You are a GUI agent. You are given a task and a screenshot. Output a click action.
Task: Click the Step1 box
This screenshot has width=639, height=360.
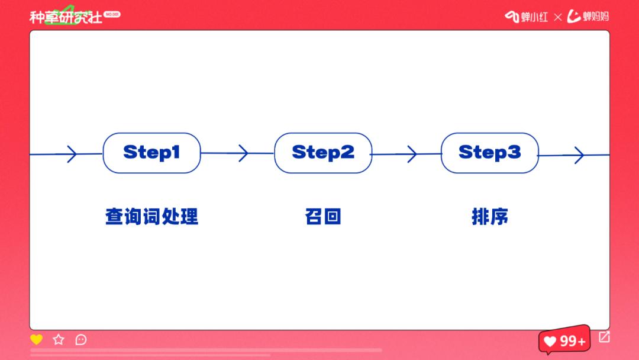click(151, 153)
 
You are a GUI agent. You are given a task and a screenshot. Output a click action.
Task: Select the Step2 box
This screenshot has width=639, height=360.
click(323, 153)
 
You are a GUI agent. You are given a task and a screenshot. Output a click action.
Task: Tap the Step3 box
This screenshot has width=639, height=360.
click(490, 153)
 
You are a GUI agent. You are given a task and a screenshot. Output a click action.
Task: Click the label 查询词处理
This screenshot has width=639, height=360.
click(151, 217)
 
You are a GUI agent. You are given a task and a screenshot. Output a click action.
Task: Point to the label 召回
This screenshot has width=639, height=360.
click(323, 217)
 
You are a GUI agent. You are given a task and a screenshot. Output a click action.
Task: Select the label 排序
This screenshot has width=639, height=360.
click(490, 217)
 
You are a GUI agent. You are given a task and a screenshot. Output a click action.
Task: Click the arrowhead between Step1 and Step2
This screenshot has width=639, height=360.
click(243, 153)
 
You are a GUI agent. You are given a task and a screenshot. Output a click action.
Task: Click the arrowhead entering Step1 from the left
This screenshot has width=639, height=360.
click(71, 154)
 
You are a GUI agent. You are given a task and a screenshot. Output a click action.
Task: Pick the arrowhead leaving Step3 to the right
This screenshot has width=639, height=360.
click(579, 155)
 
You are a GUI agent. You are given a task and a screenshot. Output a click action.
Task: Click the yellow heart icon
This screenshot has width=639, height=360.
click(37, 339)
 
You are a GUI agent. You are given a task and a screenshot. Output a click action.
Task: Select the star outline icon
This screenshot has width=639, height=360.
click(59, 339)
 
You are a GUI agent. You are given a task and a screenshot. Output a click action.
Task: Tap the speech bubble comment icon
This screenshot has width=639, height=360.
click(81, 339)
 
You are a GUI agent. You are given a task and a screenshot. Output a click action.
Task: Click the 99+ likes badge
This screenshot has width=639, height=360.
click(565, 341)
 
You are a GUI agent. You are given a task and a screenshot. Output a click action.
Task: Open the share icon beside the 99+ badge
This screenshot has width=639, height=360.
click(604, 337)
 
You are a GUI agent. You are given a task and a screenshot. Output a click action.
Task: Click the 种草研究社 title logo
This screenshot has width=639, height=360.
click(66, 17)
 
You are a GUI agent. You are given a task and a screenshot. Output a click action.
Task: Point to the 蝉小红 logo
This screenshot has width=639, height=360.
click(527, 17)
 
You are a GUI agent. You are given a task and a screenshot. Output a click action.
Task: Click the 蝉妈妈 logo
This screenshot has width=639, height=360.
click(588, 17)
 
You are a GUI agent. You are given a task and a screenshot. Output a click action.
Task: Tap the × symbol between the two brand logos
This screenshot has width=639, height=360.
click(557, 17)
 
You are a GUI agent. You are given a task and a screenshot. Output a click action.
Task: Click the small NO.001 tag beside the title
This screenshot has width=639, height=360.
click(112, 14)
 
